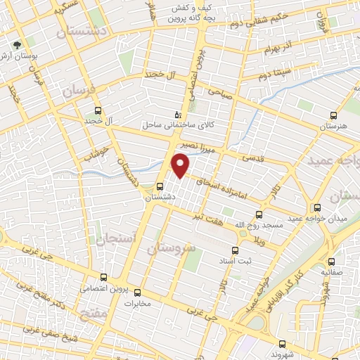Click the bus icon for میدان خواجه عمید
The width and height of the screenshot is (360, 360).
[318, 207]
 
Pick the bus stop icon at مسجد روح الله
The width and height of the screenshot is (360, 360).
[259, 214]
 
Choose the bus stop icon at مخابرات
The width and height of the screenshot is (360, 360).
[138, 292]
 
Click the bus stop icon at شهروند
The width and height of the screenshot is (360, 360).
[282, 345]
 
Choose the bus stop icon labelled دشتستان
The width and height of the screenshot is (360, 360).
[161, 187]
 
